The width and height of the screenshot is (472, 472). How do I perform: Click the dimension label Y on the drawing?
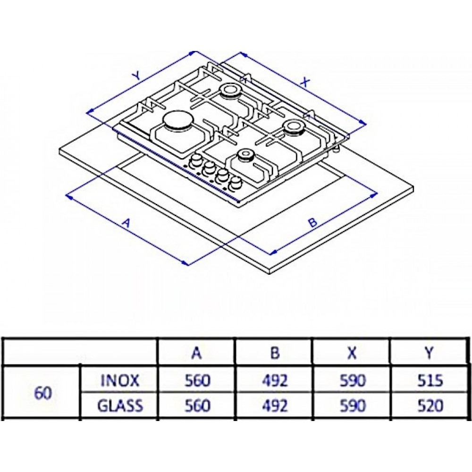[136, 76]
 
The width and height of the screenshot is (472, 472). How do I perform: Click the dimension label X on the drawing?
[305, 82]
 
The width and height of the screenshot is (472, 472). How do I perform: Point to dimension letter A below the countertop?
[126, 223]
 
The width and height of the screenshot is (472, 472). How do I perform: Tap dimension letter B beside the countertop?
[313, 222]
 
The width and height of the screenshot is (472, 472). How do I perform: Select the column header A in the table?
[196, 352]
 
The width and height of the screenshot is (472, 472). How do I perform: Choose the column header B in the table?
[275, 352]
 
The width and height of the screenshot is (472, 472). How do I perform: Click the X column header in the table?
[351, 352]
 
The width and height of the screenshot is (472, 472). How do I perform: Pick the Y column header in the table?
[429, 352]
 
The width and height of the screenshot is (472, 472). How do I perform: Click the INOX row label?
[120, 380]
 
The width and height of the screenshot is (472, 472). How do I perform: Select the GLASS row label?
[120, 405]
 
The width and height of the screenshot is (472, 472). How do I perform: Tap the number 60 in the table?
[43, 393]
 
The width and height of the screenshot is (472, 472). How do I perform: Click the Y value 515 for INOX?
[430, 380]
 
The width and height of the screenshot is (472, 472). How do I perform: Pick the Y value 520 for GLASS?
[430, 405]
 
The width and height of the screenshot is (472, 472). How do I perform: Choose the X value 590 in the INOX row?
[353, 380]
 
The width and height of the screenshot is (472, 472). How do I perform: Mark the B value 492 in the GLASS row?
[275, 405]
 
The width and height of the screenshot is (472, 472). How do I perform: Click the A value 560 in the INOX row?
[197, 380]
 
